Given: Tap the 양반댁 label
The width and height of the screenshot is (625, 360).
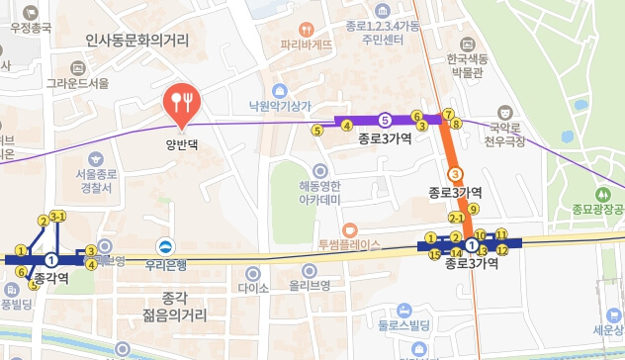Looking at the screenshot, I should pyautogui.click(x=182, y=140).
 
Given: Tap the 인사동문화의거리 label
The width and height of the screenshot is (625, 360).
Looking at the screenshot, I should pyautogui.click(x=137, y=41).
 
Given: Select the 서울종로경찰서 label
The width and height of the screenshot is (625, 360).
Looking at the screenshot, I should pyautogui.click(x=95, y=180).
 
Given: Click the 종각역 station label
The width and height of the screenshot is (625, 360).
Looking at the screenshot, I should pyautogui.click(x=51, y=278).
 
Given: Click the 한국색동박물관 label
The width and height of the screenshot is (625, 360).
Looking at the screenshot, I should pyautogui.click(x=472, y=65).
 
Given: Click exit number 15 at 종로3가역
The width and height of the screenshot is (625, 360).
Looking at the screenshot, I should pyautogui.click(x=434, y=254).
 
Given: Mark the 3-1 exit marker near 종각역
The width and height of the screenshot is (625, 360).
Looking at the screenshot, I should pyautogui.click(x=57, y=217).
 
